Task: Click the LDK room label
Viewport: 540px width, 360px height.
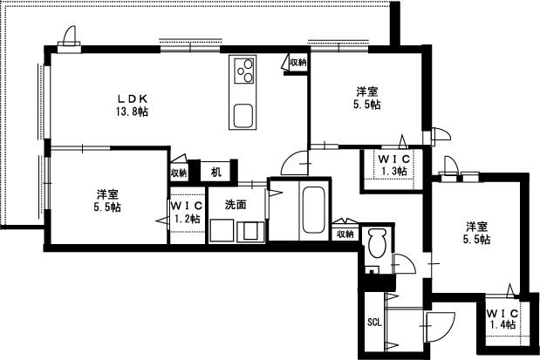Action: pos(133,98)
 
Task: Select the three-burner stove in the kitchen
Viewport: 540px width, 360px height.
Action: pos(243,70)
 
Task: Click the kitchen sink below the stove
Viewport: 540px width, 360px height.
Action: pos(243,114)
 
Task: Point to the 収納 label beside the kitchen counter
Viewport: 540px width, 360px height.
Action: pos(297,63)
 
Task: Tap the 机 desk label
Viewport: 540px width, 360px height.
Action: pos(215,172)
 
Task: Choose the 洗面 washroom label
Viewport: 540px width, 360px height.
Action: pos(235,205)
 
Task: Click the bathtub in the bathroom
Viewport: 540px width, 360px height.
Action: pos(312,213)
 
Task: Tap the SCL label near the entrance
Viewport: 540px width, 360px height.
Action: pos(373,321)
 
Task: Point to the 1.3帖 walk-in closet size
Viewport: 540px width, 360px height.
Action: pos(394,172)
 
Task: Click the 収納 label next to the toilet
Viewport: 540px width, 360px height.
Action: pos(344,234)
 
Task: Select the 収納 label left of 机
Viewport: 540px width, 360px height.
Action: pos(179,173)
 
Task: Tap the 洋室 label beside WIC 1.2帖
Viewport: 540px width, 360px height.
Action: pos(108,194)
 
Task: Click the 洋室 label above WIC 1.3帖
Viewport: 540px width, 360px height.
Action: pos(366,91)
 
